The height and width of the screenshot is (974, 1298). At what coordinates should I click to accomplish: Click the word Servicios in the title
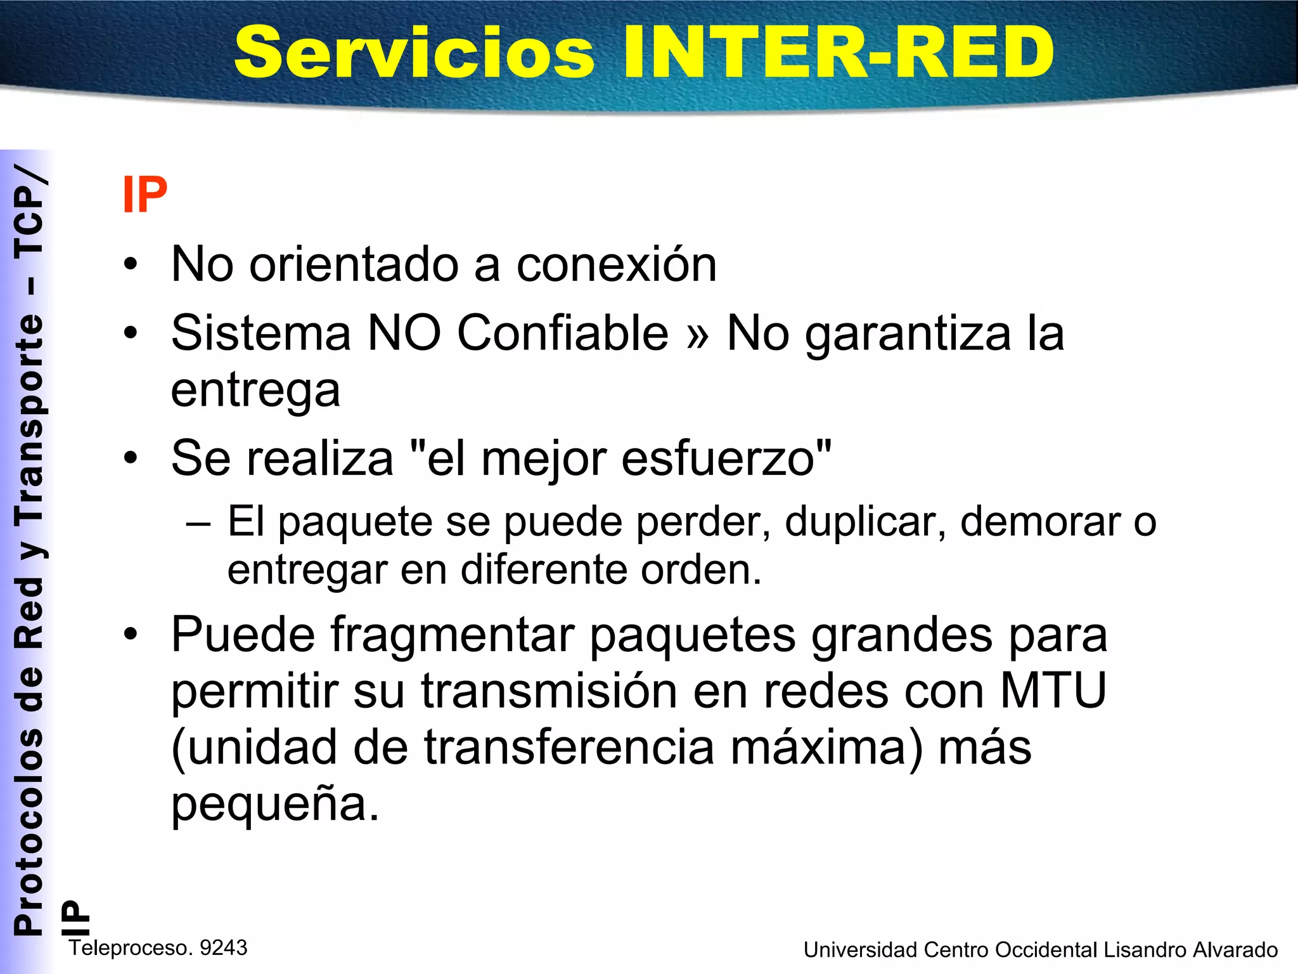[x=414, y=53]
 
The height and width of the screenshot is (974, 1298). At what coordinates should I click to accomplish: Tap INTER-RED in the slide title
[x=838, y=53]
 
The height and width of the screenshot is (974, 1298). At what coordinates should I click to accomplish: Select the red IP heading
[x=145, y=195]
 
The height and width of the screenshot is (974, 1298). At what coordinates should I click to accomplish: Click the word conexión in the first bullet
[x=616, y=264]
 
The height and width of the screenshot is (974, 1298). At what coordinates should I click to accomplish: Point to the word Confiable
[x=562, y=334]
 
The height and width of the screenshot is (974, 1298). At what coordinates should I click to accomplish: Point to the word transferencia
[x=569, y=747]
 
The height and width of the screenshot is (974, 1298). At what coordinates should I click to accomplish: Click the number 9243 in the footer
[x=223, y=948]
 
